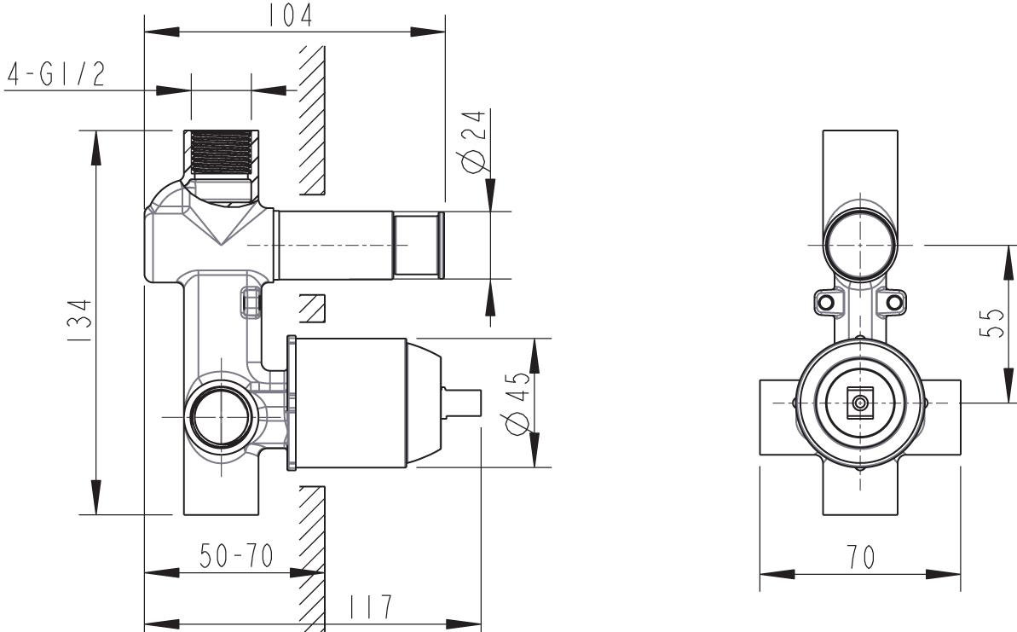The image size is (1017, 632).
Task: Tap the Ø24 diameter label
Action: point(473,141)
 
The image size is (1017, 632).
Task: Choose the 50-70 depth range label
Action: point(236,556)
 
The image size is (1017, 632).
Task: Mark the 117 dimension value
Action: point(370,606)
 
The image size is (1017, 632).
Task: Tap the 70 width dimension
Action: point(861,558)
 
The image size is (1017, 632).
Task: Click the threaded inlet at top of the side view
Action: point(222,153)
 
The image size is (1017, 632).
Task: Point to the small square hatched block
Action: point(314,307)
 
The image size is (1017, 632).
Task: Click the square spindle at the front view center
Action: point(861,402)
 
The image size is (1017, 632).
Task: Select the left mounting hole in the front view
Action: point(825,302)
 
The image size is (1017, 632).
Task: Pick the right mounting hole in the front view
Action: point(894,302)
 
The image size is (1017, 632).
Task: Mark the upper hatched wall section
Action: point(312,119)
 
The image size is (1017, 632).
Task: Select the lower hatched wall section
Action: point(312,554)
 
